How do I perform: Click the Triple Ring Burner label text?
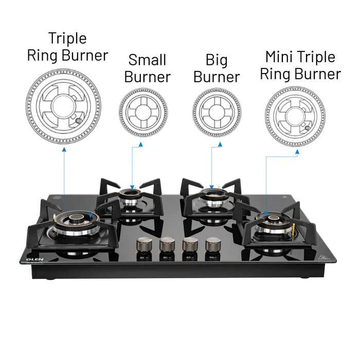coord(67,47)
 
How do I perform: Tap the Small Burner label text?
coord(147,68)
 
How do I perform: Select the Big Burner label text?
coord(217,68)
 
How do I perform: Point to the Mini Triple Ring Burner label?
coord(300,65)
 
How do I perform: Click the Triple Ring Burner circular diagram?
coord(64,106)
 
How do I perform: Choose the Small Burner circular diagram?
coord(143,112)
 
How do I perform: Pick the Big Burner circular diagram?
coord(217,112)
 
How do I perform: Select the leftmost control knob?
coord(144,245)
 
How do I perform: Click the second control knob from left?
coord(167,244)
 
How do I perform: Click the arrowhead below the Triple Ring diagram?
coord(64,148)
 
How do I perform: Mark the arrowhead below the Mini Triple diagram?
coord(297,152)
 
